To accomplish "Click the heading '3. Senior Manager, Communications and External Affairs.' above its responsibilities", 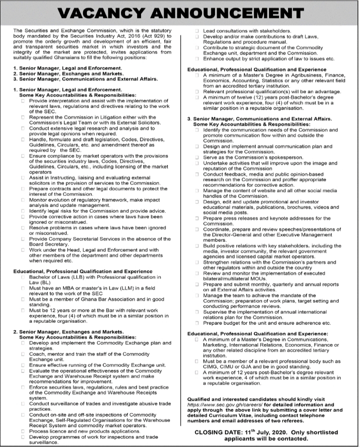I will coord(259,119).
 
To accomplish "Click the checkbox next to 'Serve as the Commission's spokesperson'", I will coord(197,156).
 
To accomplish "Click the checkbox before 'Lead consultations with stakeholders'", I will coord(197,31).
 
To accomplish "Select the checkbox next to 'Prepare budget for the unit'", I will coord(197,323).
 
